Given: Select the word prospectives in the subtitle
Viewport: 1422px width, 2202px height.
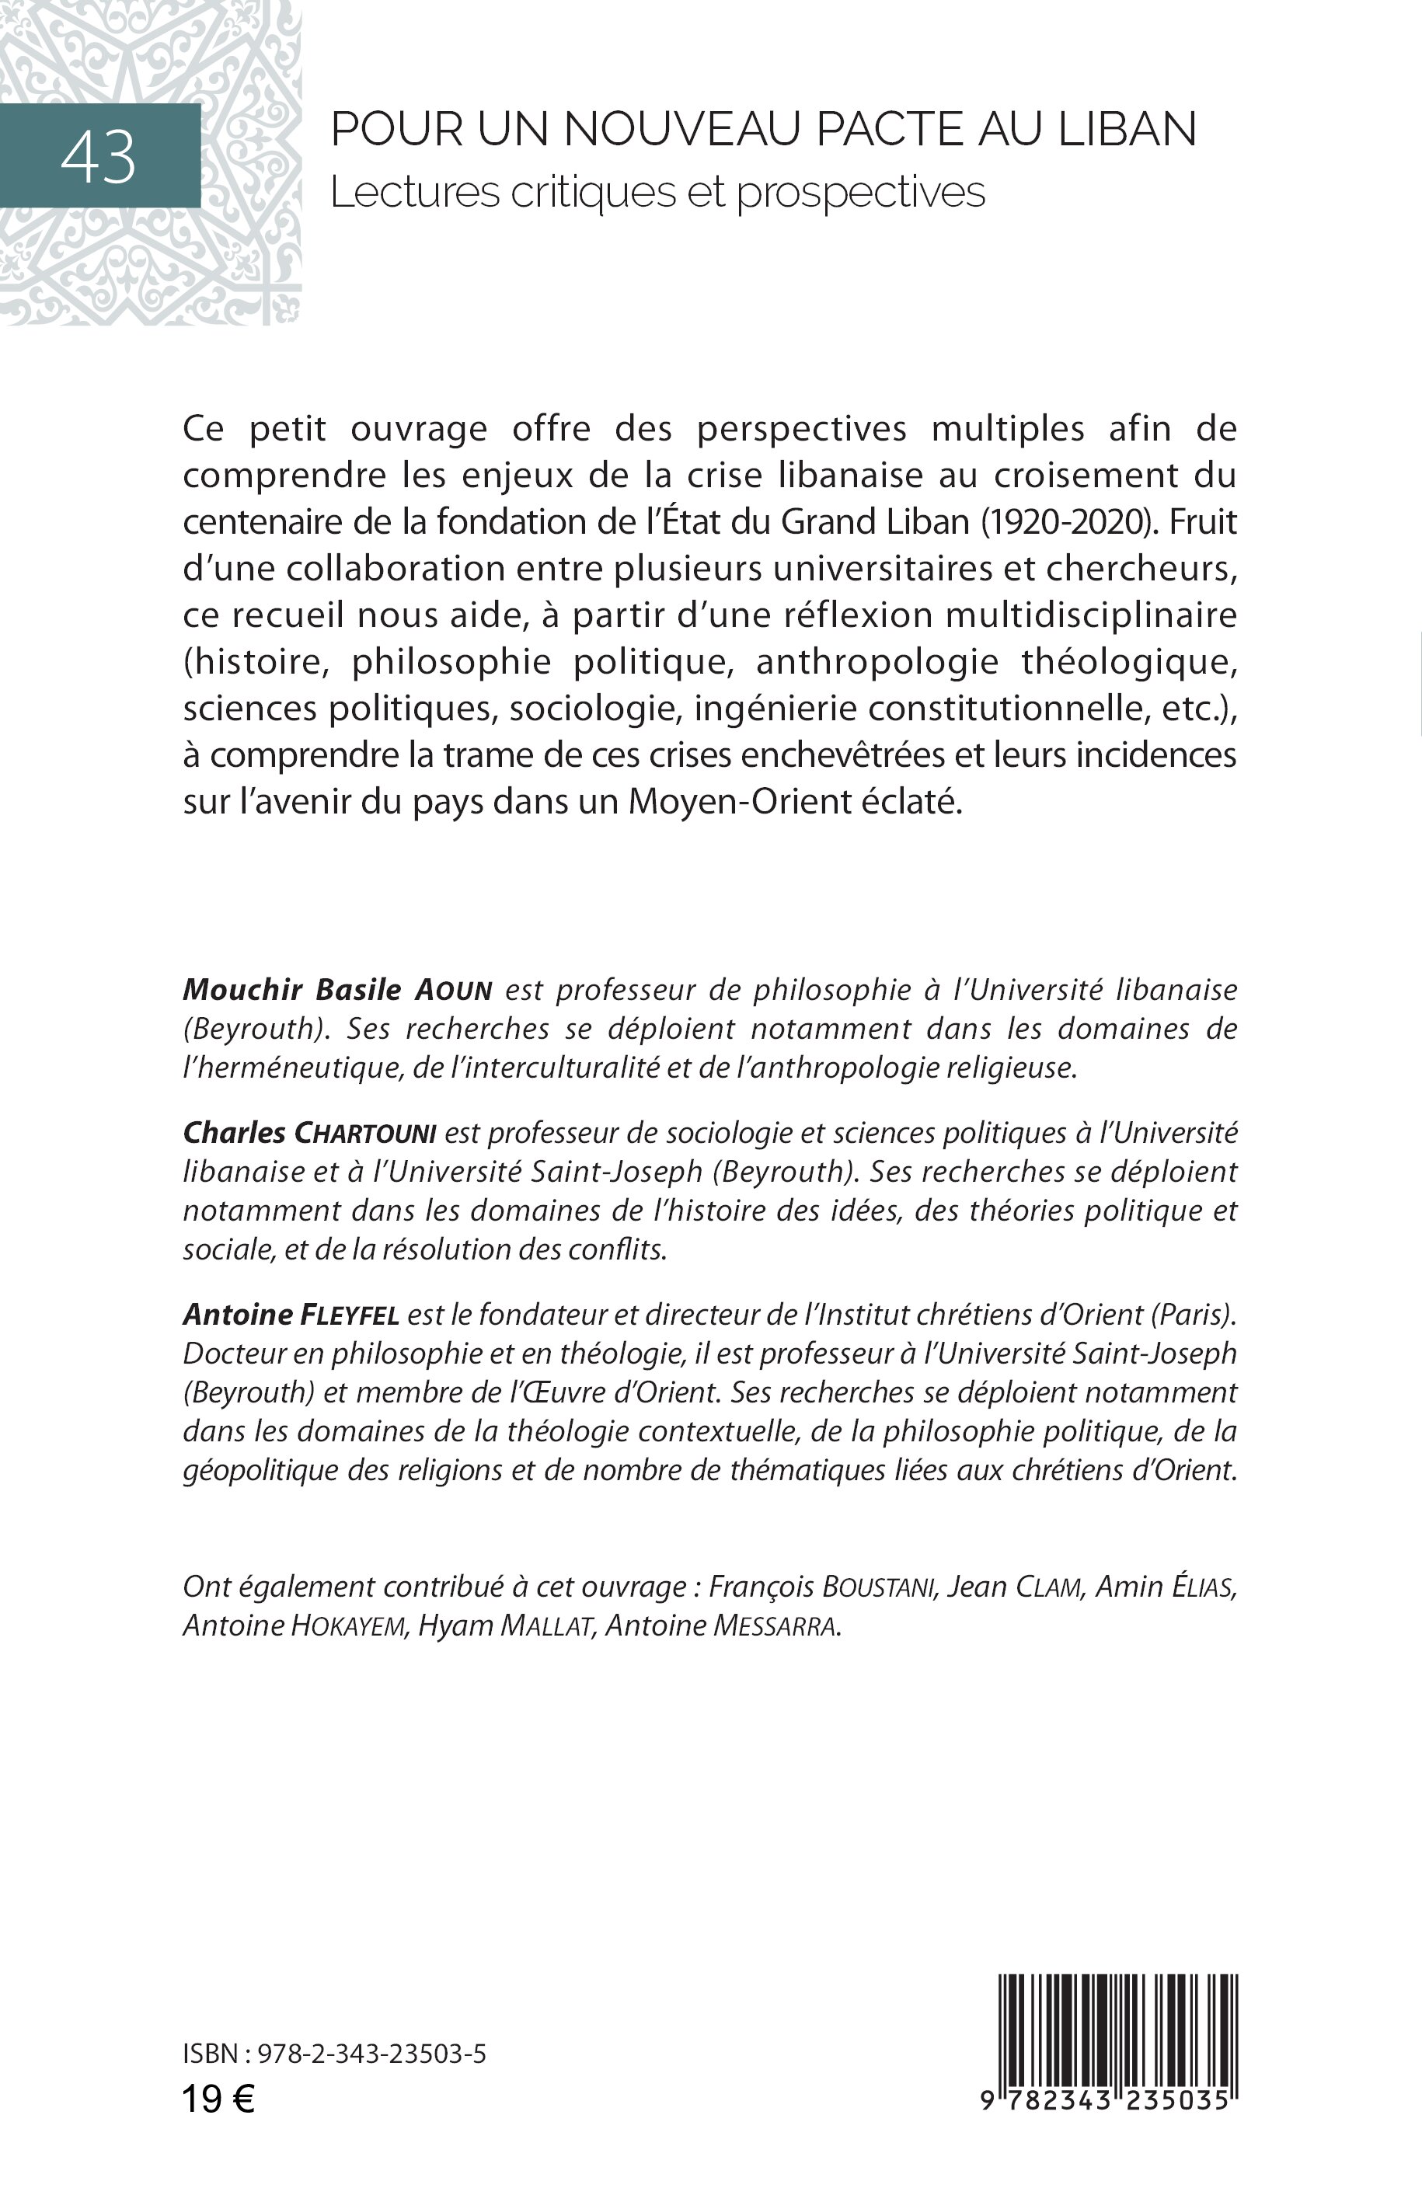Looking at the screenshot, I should [x=861, y=193].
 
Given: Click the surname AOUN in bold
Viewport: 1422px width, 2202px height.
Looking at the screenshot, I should [x=452, y=991].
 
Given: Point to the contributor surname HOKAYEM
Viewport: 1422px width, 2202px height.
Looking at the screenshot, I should [x=349, y=1627].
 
